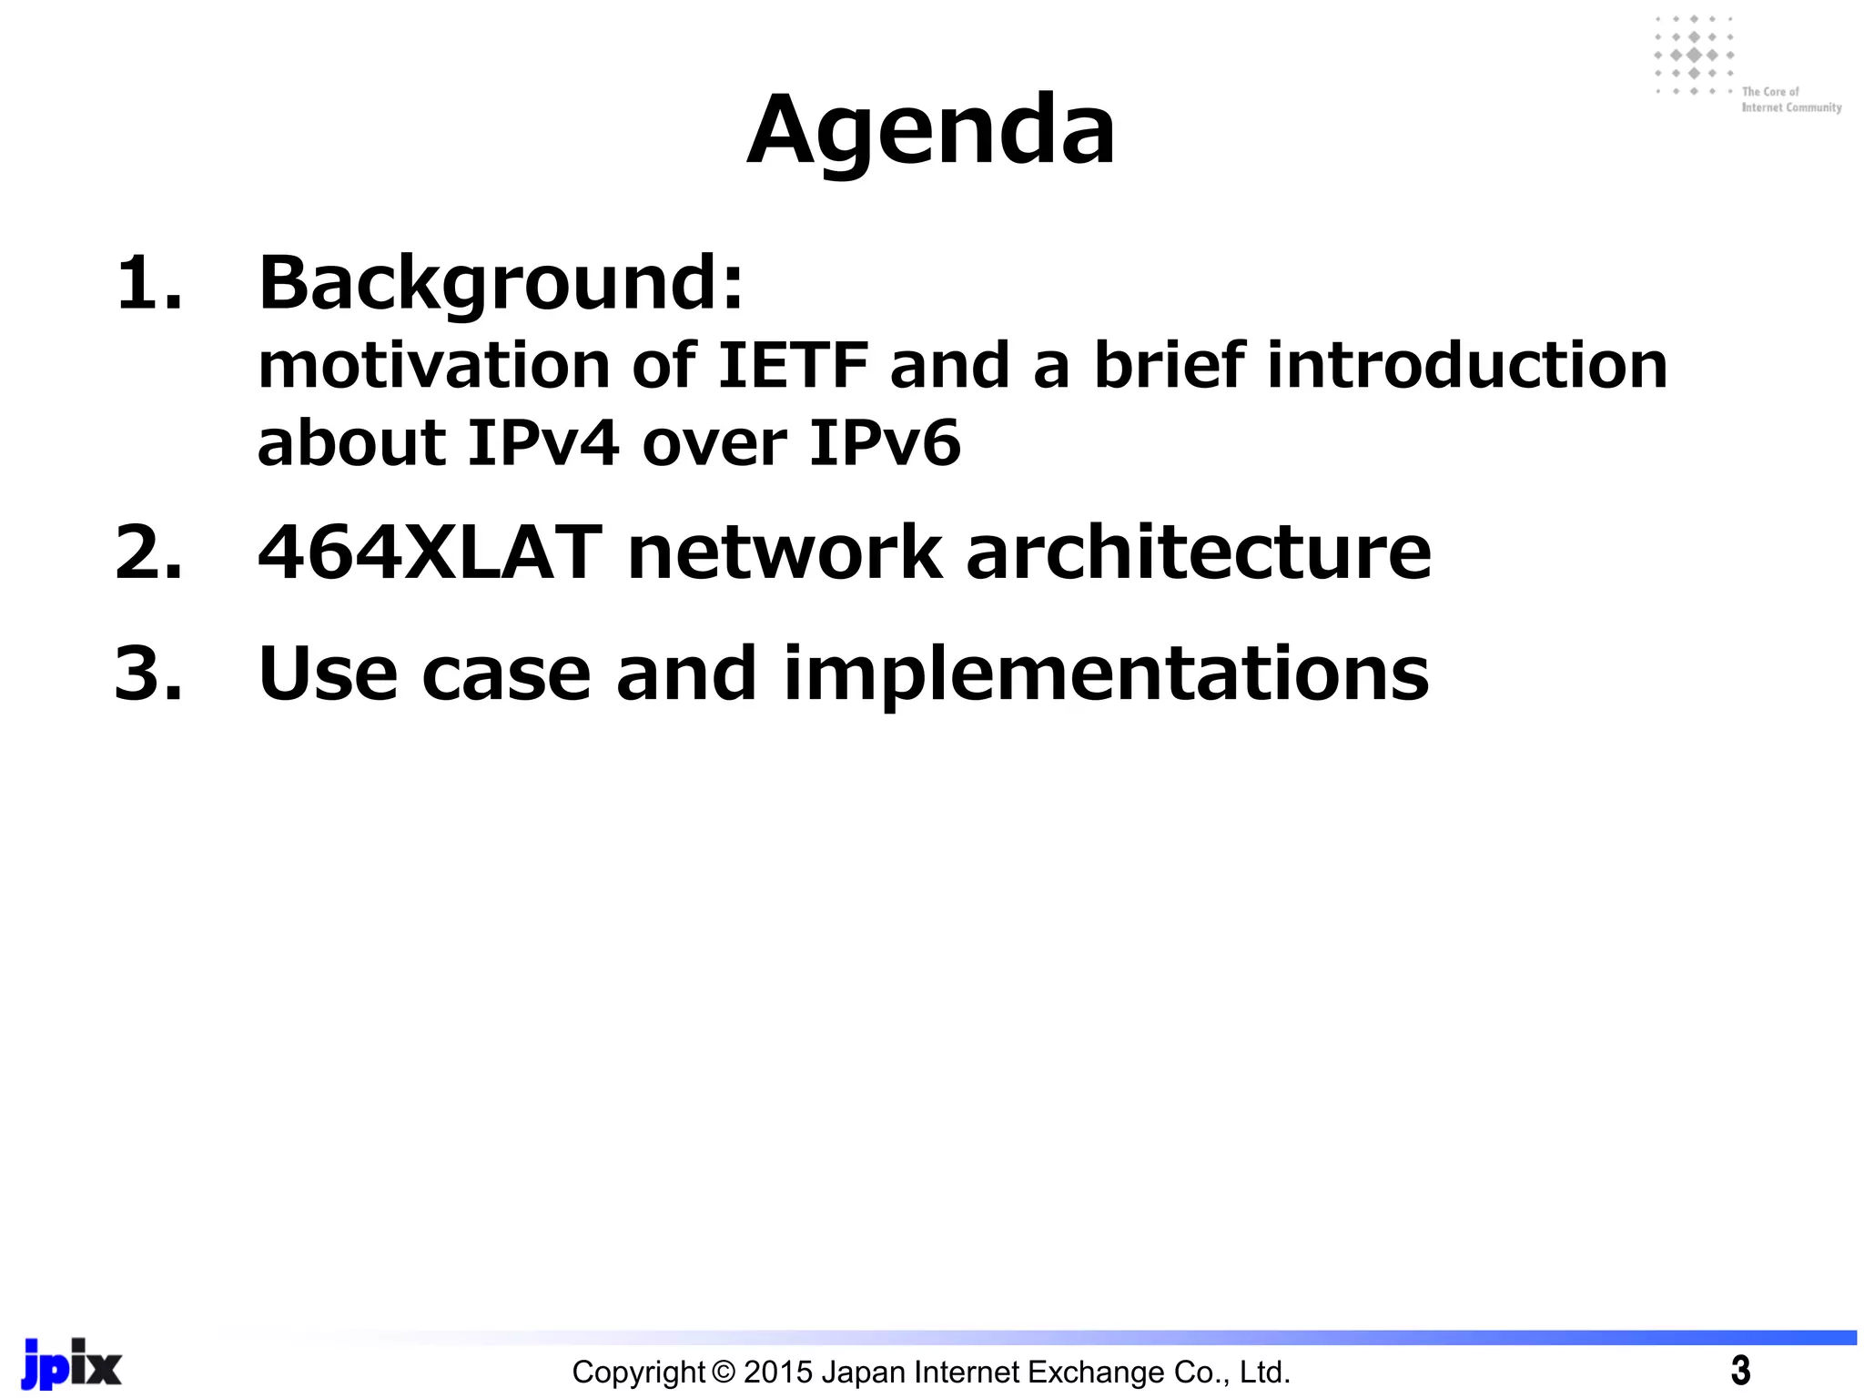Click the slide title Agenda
point(930,132)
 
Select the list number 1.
point(148,284)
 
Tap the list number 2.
point(148,553)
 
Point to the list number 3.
point(148,674)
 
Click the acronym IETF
point(793,366)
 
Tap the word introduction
point(1466,366)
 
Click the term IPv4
point(543,444)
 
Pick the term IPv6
point(884,444)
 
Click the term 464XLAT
point(430,553)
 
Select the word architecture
point(1198,553)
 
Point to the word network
point(785,553)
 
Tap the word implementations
point(1105,674)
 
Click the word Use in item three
point(328,674)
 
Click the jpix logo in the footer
point(72,1364)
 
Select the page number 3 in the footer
point(1740,1371)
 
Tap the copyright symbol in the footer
point(724,1372)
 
